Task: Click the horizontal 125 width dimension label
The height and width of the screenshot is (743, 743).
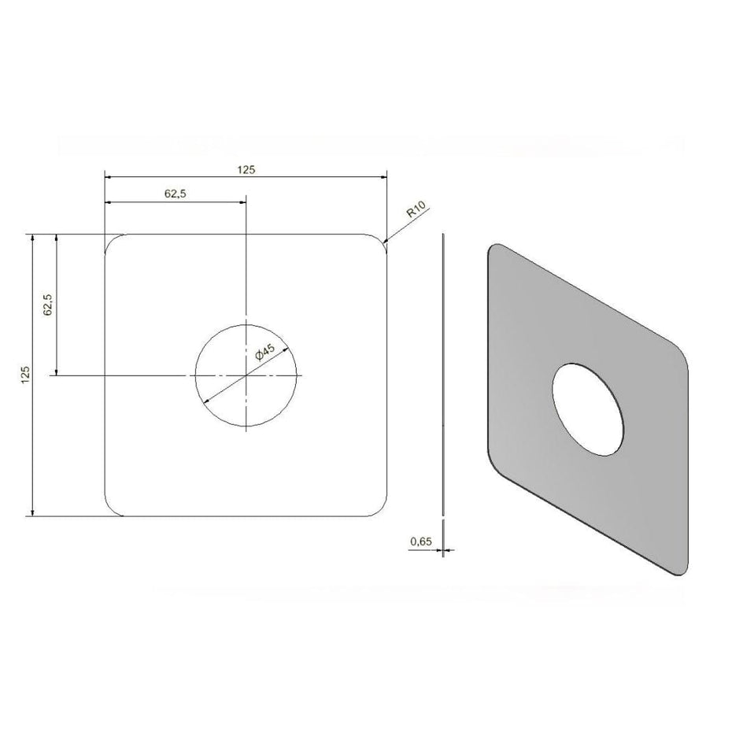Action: point(246,170)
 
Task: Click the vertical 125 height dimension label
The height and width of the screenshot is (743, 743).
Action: point(26,375)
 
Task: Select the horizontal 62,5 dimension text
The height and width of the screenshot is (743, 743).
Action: point(176,194)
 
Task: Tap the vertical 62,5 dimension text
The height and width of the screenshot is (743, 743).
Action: point(48,305)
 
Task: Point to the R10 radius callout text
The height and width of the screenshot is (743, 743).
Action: point(416,209)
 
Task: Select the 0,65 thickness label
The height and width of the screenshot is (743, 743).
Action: point(421,542)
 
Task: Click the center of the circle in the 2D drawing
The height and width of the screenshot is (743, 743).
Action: point(246,375)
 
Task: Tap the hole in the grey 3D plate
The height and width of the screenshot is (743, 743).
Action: point(588,410)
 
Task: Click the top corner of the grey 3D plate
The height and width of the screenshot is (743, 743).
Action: point(496,245)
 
